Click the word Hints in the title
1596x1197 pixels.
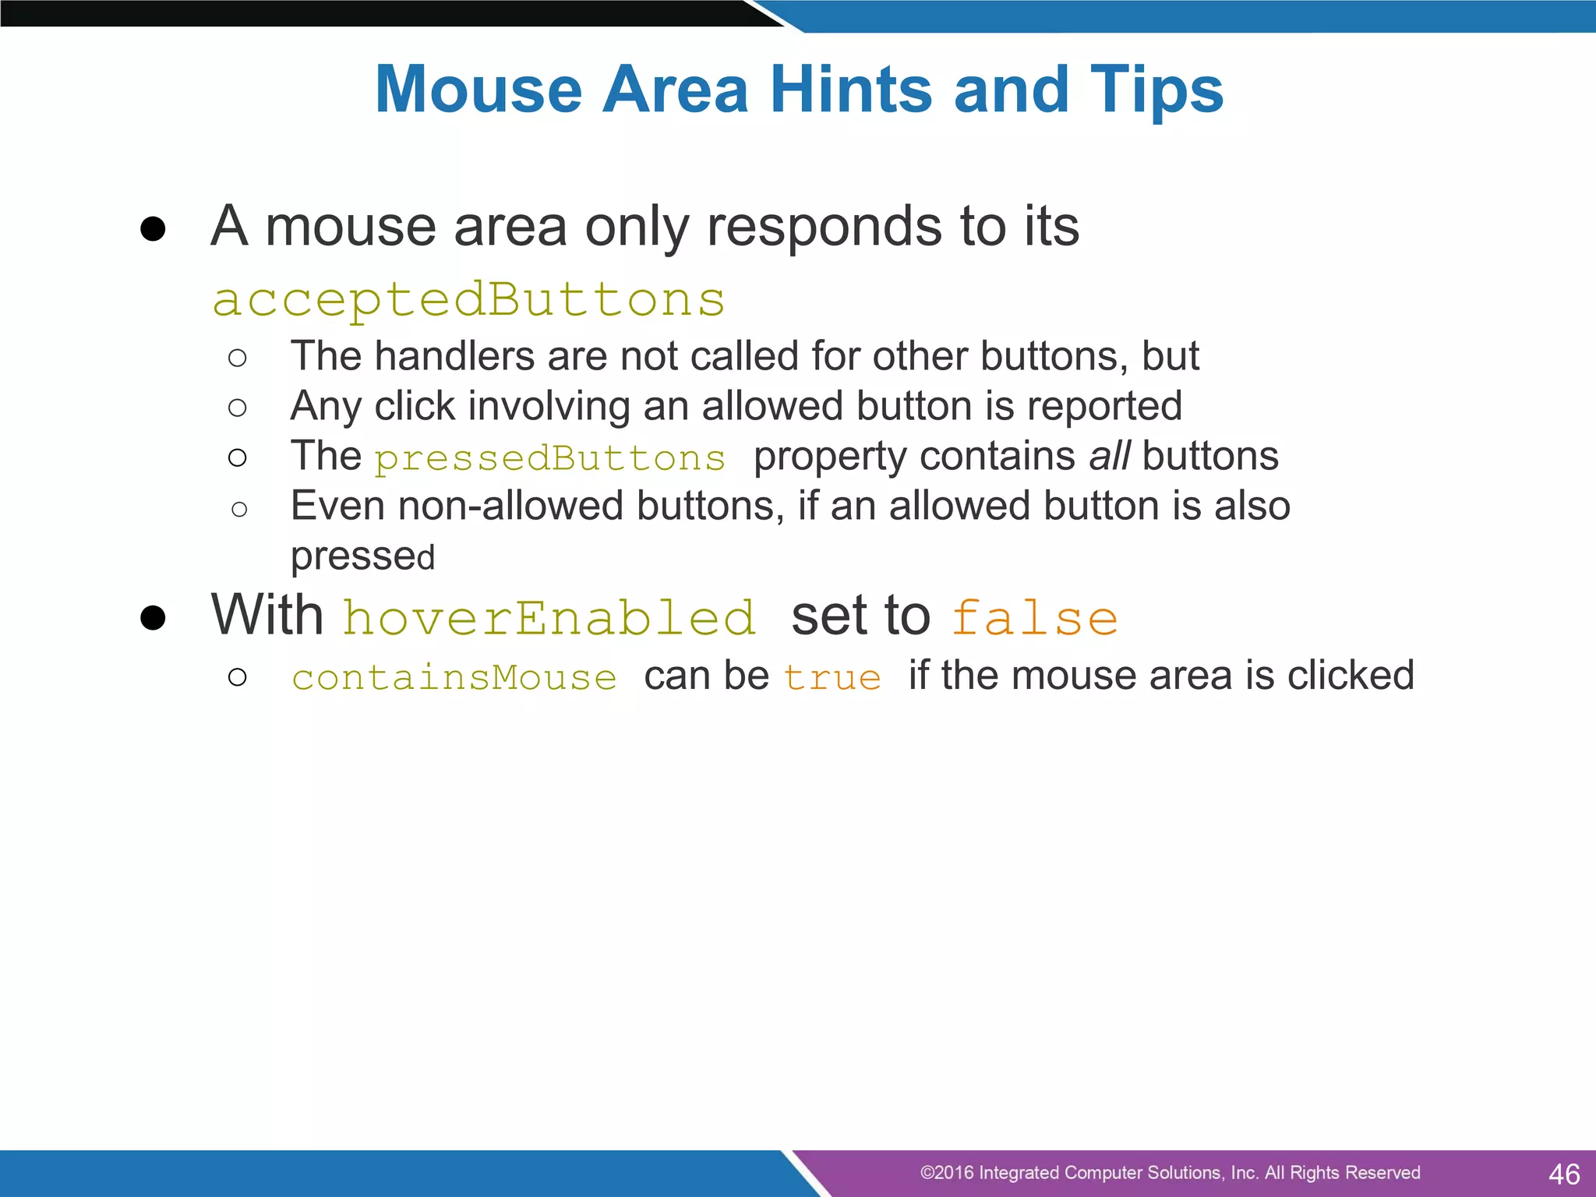coord(851,90)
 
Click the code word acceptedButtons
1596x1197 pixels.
coord(468,301)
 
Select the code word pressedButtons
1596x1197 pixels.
coord(549,458)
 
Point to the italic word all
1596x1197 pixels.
coord(1110,456)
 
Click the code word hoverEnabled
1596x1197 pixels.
coord(549,618)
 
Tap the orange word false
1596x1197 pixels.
coord(1034,618)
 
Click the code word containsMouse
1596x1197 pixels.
coord(454,677)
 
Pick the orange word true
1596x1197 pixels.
coord(832,677)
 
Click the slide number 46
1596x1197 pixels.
coord(1563,1174)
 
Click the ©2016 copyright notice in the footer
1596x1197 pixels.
coord(1169,1173)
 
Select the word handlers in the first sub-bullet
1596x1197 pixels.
coord(454,357)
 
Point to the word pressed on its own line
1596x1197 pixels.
coord(362,556)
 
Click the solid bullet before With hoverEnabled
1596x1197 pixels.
coord(153,618)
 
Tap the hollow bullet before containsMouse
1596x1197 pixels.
coord(238,676)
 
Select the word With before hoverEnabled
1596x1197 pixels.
coord(267,616)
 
